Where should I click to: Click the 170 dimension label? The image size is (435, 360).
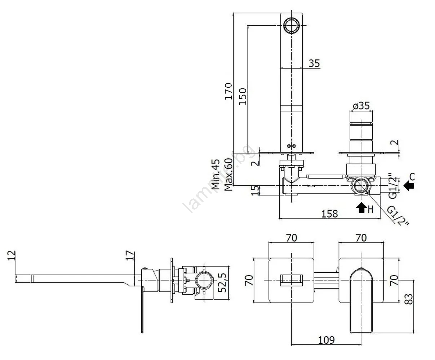point(228,91)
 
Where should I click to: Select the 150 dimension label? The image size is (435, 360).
point(242,96)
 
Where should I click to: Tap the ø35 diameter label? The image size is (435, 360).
point(361,106)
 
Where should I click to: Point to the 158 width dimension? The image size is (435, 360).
point(329,214)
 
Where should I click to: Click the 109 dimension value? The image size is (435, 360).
point(327,340)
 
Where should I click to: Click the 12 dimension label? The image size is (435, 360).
point(12,255)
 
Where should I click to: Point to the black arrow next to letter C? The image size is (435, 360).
point(409,185)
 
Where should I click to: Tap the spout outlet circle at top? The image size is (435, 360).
point(291,25)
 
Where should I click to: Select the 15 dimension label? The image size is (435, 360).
point(254,190)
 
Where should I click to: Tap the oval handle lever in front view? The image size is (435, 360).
point(361,300)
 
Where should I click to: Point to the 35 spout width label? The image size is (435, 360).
point(314,63)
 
